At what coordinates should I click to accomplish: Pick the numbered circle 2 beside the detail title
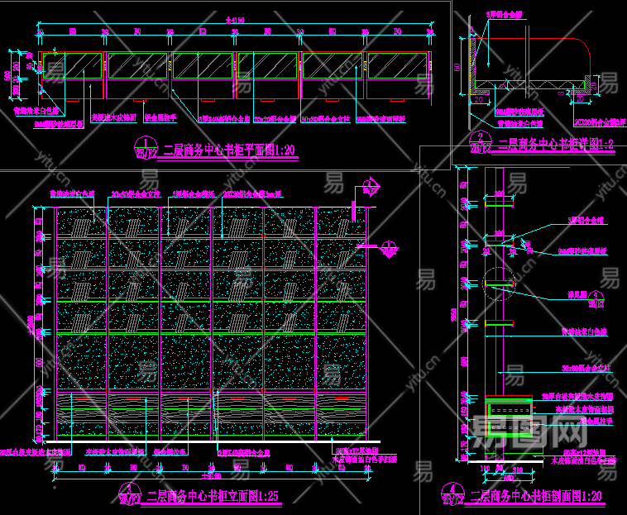[x=477, y=141]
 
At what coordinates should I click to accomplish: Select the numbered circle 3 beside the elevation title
[x=127, y=494]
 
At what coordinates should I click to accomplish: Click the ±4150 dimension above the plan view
[x=234, y=20]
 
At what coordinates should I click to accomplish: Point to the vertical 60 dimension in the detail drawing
[x=457, y=66]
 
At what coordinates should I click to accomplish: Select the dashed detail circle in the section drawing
[x=496, y=284]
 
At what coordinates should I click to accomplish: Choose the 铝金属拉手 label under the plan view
[x=161, y=118]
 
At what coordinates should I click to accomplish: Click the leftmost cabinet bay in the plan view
[x=72, y=66]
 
